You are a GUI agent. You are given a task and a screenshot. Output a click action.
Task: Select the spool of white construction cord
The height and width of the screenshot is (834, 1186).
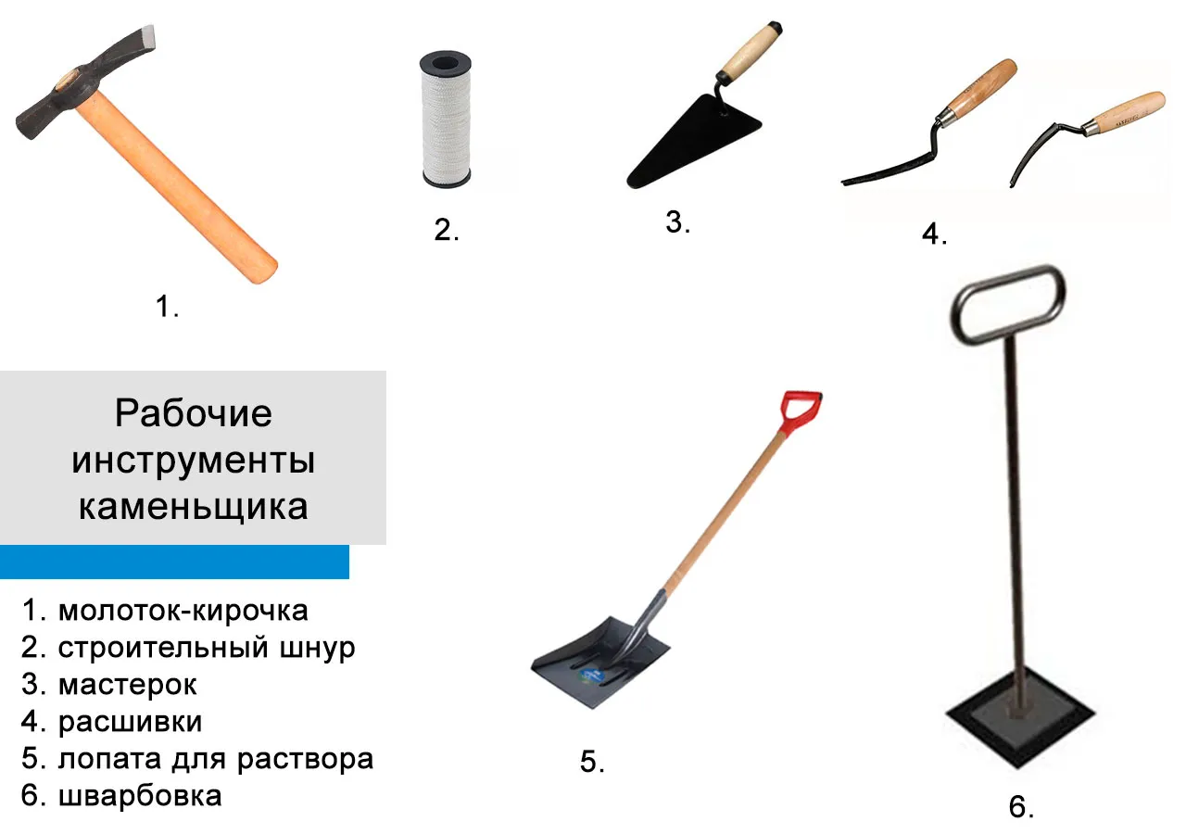click(446, 120)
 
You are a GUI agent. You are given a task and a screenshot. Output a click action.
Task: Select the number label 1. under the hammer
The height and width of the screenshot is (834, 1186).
click(168, 307)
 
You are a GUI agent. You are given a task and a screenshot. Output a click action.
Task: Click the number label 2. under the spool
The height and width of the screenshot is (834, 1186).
click(447, 230)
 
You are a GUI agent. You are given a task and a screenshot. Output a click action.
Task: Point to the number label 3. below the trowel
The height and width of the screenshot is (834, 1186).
click(677, 221)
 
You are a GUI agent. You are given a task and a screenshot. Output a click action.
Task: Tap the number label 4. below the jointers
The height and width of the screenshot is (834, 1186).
click(935, 234)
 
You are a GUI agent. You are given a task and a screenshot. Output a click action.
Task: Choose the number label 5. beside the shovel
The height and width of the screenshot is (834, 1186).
click(592, 762)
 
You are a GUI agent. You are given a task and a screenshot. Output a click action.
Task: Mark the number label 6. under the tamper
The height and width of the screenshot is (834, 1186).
click(1021, 806)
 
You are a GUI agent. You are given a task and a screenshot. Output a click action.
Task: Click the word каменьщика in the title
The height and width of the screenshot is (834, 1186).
click(194, 506)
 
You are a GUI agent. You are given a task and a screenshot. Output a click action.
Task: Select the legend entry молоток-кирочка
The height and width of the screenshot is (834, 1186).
click(183, 611)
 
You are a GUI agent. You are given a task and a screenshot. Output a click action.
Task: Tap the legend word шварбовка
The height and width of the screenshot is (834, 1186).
click(140, 795)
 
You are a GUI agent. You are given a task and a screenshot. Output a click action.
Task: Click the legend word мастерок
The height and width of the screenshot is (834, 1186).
click(128, 684)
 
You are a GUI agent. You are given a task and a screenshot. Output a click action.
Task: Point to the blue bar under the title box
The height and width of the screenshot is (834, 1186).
click(174, 562)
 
